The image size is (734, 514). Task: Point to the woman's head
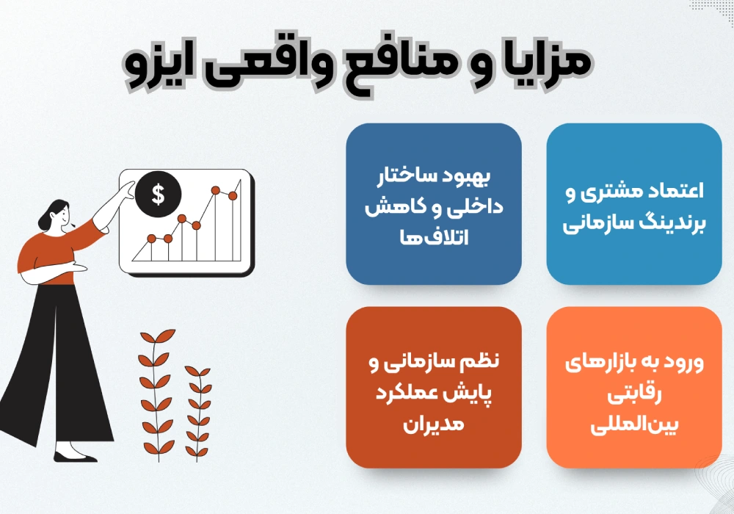tap(55, 216)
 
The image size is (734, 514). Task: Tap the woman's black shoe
tap(75, 457)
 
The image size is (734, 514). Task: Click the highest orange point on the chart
tap(215, 190)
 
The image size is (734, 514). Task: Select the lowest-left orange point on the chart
tap(151, 239)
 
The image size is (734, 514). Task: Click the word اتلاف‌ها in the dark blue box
tap(434, 237)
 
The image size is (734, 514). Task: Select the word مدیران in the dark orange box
tap(434, 424)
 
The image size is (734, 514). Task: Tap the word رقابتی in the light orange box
tap(634, 394)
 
